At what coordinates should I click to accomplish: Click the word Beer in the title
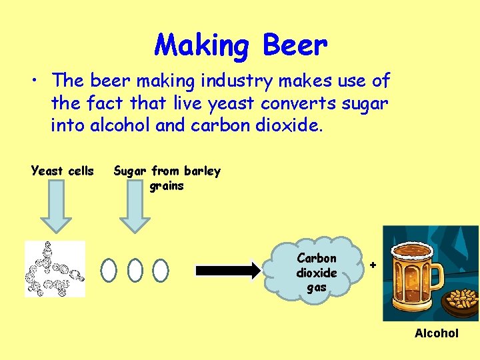click(x=295, y=46)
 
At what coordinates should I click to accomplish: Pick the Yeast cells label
click(x=63, y=171)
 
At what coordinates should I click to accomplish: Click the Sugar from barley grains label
click(x=167, y=178)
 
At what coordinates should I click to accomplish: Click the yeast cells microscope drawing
click(x=55, y=269)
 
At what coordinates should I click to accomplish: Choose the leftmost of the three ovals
click(x=109, y=269)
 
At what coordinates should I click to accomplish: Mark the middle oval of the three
click(x=135, y=269)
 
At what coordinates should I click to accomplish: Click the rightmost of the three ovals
click(x=160, y=269)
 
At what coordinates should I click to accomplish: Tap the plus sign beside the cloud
click(x=373, y=265)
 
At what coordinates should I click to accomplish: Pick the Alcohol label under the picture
click(x=437, y=333)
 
